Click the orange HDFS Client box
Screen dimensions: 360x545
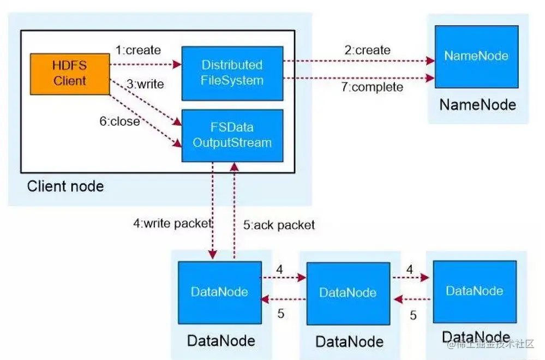point(70,73)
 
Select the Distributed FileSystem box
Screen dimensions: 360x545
point(232,73)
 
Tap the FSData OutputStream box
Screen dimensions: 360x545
point(232,135)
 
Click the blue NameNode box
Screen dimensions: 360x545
point(476,56)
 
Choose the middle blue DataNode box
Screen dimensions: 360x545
point(348,293)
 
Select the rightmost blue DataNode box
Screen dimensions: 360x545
point(475,291)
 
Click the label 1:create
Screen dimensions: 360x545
point(138,50)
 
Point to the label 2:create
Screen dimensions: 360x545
point(367,50)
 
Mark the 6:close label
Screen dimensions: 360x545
point(119,121)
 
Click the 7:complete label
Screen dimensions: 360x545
point(373,87)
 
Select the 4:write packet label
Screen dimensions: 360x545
point(172,223)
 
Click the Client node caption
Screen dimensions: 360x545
point(65,186)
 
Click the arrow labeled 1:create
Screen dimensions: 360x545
point(145,64)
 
